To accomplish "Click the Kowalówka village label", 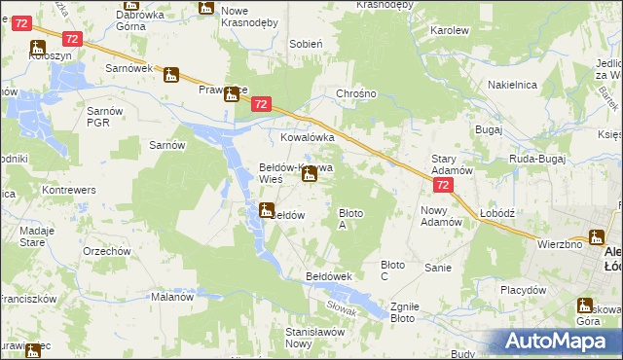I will click(x=308, y=138).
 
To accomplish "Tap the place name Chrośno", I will click(x=355, y=94).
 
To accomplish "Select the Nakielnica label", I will click(x=513, y=85).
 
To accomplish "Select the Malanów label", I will click(x=171, y=297).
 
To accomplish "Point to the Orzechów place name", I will click(x=107, y=251).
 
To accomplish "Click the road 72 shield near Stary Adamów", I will click(x=443, y=185).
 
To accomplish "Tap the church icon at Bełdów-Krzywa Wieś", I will click(x=309, y=174).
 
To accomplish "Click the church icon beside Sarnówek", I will click(x=172, y=75).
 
